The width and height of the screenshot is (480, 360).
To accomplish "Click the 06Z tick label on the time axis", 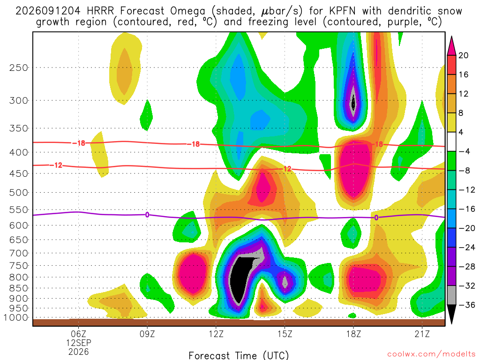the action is coord(79,334).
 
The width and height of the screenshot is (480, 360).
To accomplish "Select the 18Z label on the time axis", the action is coord(353,334).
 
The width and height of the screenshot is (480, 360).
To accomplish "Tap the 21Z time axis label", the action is coord(422,334).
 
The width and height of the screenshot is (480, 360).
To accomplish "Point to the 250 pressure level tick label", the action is coord(19,67).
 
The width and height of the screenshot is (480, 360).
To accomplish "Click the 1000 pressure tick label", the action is coord(16,317).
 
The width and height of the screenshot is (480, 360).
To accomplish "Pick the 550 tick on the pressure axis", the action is coord(19,210).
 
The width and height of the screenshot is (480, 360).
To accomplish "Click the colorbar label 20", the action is coord(463,55).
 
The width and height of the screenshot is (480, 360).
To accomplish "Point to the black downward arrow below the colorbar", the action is coord(451,314).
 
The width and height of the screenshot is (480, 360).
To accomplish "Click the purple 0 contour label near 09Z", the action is coord(147,215).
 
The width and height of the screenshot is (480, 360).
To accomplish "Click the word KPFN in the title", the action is coord(343,11).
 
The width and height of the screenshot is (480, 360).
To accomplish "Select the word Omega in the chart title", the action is coord(187,11).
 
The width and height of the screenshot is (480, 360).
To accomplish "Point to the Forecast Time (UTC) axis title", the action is coord(239,355).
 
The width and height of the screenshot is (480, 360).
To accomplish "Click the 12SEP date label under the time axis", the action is coord(79,343).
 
